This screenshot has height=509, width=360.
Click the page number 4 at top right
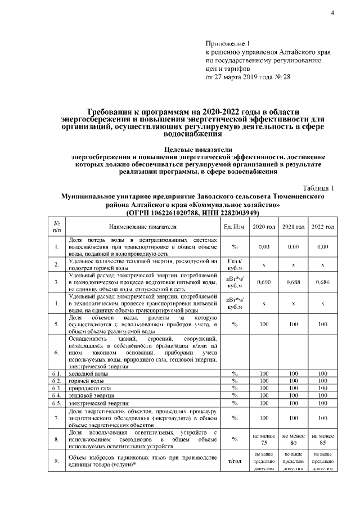click(x=332, y=13)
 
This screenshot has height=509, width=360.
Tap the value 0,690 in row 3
click(x=264, y=282)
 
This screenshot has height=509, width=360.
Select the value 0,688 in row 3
click(x=293, y=282)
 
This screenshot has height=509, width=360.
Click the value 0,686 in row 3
click(x=323, y=282)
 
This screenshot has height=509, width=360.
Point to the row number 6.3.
click(x=57, y=389)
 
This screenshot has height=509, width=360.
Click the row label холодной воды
click(x=88, y=373)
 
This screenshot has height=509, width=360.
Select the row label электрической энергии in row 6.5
click(x=96, y=404)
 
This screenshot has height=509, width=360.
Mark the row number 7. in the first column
click(x=57, y=418)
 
